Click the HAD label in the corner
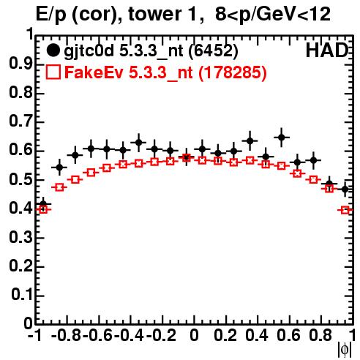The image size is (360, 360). [327, 50]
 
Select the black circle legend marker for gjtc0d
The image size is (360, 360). [53, 50]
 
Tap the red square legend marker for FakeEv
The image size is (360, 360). [53, 72]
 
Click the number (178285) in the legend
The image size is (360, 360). [233, 72]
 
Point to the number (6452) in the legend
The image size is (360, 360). [213, 51]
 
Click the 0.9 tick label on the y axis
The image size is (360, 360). [20, 64]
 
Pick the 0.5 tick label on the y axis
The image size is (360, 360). [20, 179]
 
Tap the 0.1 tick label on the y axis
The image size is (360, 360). [21, 294]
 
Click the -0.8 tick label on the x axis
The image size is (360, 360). [67, 335]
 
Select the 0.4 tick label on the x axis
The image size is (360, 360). [257, 335]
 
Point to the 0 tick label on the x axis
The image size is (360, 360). [194, 335]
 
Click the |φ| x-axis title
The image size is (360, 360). [345, 350]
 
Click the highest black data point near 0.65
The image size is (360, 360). [282, 138]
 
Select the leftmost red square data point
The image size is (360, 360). [43, 209]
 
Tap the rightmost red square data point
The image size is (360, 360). [345, 210]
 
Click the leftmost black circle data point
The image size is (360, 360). [43, 204]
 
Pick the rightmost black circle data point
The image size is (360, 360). [345, 189]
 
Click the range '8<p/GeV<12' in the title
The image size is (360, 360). [273, 14]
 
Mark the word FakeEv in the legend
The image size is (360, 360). [94, 72]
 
